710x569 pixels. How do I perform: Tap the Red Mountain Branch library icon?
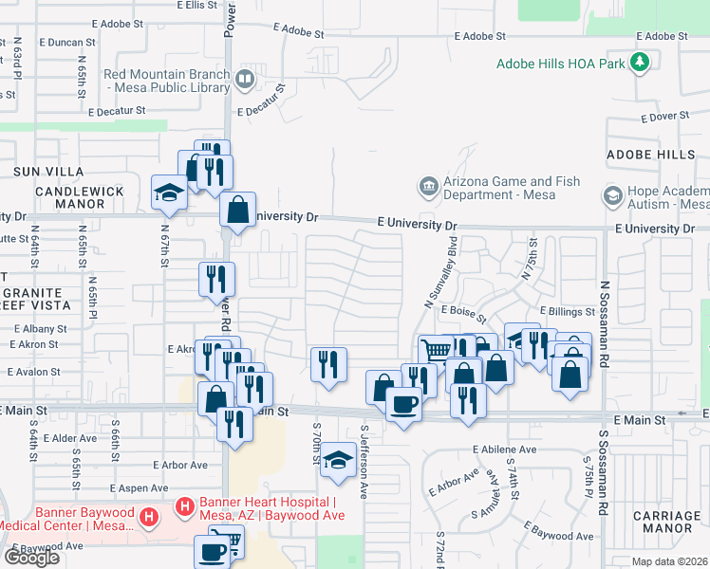(245, 79)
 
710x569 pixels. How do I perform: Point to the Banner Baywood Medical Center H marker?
(148, 517)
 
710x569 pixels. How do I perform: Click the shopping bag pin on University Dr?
(237, 210)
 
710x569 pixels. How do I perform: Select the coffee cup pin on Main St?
(403, 405)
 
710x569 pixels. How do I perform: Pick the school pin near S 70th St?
(337, 461)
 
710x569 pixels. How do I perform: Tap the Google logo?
(31, 557)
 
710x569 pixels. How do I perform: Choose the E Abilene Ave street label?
(504, 450)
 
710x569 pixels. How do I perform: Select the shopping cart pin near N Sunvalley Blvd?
(436, 350)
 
